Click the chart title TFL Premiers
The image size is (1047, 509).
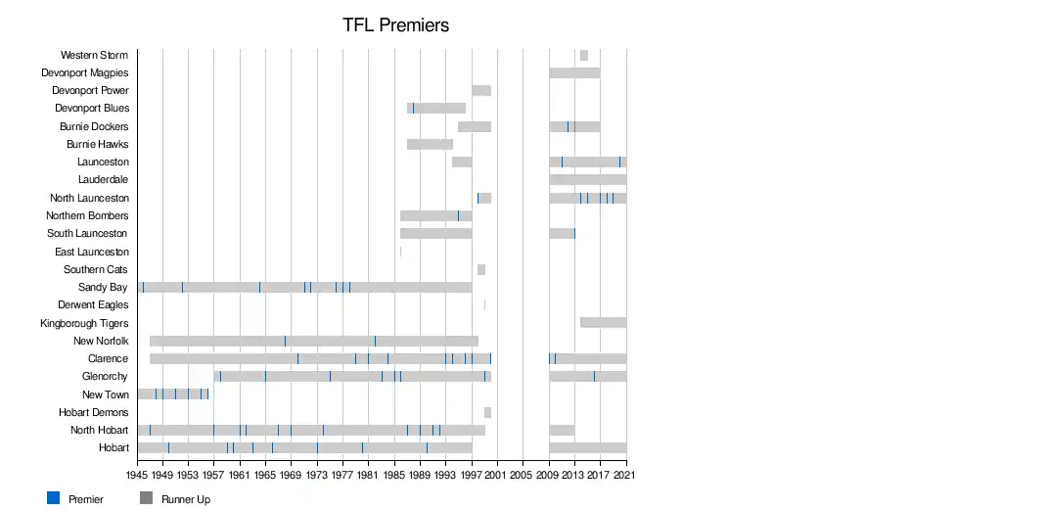[x=395, y=25]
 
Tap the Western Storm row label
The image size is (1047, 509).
[x=94, y=55]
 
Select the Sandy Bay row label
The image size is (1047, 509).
[x=103, y=287]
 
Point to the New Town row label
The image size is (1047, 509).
[x=105, y=394]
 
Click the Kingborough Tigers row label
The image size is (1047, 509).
[x=84, y=323]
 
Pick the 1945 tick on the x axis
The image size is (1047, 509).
[x=137, y=475]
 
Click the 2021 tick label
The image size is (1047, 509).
[x=626, y=475]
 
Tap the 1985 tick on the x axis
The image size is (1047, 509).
[x=394, y=475]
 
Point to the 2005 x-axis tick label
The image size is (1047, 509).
[x=523, y=475]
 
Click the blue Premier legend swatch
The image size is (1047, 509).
[x=54, y=498]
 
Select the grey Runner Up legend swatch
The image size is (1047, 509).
[x=147, y=498]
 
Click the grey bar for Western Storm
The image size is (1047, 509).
[x=584, y=55]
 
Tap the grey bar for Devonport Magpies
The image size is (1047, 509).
[x=574, y=72]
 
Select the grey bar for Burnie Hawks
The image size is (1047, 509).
[x=430, y=144]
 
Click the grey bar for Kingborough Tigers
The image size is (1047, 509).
[x=603, y=322]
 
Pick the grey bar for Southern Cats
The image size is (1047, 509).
[x=481, y=269]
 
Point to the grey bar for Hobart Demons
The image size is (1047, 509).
[x=487, y=412]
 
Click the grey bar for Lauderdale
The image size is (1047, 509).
[x=587, y=179]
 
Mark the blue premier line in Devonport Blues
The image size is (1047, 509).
[x=413, y=108]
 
